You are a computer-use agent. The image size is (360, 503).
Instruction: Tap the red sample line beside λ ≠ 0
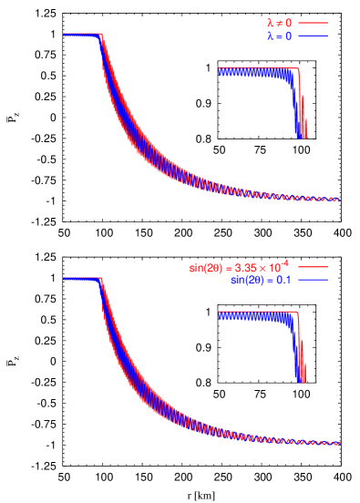pos(312,22)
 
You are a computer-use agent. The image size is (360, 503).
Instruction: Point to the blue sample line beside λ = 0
pos(312,36)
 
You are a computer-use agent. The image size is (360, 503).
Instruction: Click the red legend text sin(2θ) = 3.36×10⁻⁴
pos(239,267)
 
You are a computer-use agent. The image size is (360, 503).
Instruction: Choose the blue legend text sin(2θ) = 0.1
pos(261,280)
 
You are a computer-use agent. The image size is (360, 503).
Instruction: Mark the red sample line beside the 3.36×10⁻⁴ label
pos(312,267)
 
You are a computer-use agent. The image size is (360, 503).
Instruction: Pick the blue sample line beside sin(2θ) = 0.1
pos(312,280)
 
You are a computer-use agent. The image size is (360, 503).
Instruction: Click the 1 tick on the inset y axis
pos(208,313)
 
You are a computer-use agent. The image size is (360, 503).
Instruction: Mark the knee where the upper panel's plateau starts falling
pos(101,35)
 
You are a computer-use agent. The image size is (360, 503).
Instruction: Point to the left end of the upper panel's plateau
pos(64,35)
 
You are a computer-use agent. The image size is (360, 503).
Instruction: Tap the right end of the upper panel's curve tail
pos(340,200)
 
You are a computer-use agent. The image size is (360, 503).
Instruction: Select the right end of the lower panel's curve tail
pos(340,444)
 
